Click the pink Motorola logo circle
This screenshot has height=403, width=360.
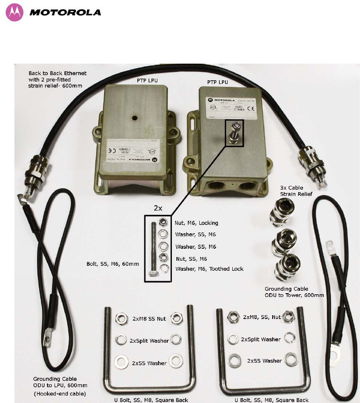click(x=15, y=12)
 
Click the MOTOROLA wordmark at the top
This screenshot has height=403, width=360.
click(x=65, y=12)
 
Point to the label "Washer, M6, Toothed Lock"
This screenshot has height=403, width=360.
click(x=209, y=269)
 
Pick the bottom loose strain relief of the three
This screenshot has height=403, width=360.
click(x=284, y=265)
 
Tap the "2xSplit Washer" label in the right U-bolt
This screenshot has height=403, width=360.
click(x=261, y=339)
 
